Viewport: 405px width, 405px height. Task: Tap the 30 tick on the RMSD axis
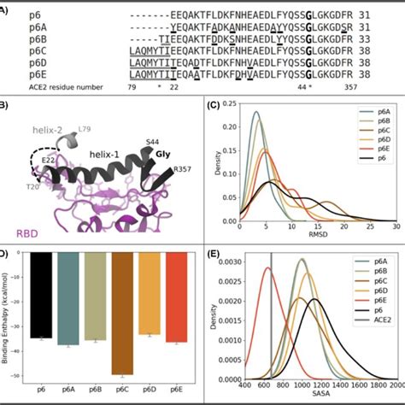click(x=396, y=219)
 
